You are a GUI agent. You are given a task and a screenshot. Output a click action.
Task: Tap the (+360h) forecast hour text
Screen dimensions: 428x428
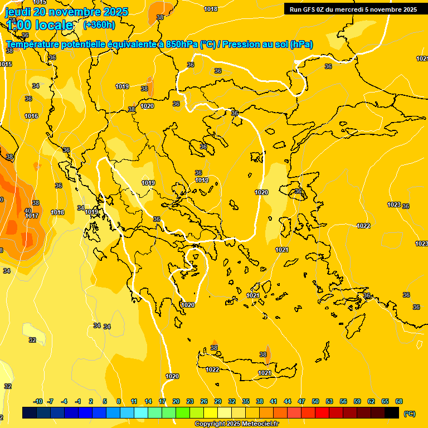tap(99, 25)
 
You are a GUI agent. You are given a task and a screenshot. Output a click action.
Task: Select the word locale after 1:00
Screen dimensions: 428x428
tap(54, 25)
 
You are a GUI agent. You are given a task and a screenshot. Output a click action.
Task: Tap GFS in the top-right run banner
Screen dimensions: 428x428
tap(309, 9)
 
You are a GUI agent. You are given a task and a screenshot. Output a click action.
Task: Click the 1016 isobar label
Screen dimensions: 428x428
tap(31, 116)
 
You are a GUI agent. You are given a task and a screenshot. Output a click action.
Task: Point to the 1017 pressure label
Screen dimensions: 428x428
tap(32, 216)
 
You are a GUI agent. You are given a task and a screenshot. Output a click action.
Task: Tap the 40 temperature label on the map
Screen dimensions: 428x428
tap(28, 211)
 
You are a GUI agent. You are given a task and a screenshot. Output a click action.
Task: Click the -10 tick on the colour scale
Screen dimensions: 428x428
tap(38, 402)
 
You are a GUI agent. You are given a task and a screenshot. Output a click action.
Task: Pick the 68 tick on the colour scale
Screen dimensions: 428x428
tap(398, 402)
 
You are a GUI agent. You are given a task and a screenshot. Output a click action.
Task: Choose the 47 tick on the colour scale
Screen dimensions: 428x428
tap(301, 402)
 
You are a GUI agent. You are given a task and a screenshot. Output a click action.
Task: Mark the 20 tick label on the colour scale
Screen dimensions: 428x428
tap(176, 402)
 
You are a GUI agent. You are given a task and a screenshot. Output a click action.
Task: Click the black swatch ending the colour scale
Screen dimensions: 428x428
tap(392, 413)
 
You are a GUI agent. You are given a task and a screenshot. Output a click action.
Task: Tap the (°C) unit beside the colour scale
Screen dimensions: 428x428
tap(410, 413)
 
